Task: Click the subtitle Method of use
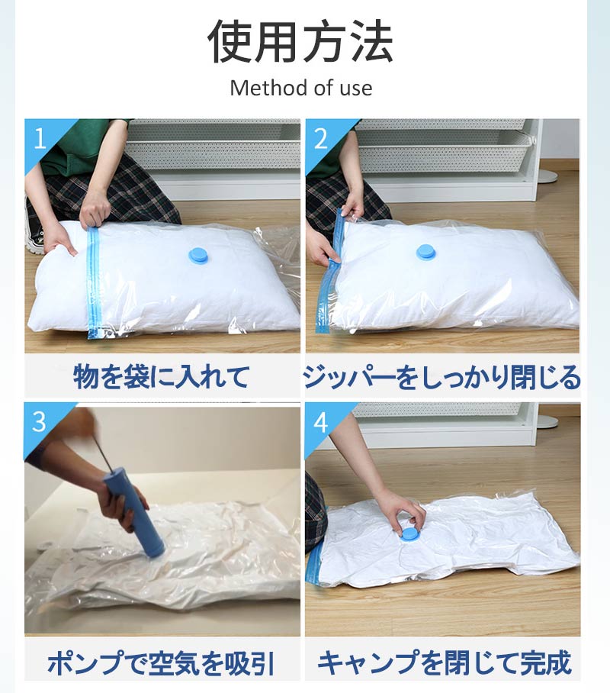tap(300, 88)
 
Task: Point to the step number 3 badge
tap(40, 421)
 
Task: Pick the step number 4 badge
tap(321, 423)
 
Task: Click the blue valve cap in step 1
tap(201, 256)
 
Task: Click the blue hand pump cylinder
tap(134, 516)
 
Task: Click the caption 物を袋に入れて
tap(161, 376)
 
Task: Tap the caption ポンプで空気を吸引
tap(162, 662)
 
